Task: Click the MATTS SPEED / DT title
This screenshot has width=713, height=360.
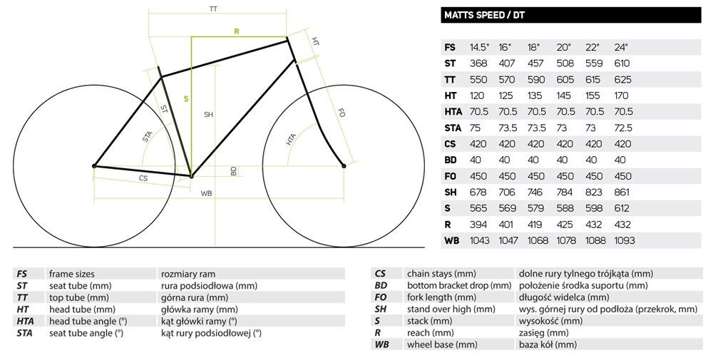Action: [484, 15]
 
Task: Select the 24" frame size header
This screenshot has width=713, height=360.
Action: [621, 47]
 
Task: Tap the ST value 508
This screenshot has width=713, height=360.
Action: [565, 63]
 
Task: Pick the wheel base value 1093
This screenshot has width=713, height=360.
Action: [624, 240]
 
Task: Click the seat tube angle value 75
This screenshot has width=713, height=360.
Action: [475, 128]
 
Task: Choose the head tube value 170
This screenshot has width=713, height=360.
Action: [621, 96]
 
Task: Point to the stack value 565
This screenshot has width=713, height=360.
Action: [478, 208]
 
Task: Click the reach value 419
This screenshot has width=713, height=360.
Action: [535, 225]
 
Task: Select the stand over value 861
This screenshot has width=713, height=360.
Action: [621, 192]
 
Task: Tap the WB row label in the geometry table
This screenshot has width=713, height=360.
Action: [451, 240]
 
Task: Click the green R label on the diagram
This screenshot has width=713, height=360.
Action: [237, 31]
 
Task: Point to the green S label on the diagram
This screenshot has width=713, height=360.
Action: [185, 99]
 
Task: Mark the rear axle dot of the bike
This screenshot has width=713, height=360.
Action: [95, 166]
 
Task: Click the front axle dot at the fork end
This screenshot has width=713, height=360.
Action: [344, 166]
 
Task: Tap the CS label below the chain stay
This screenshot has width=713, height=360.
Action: [143, 178]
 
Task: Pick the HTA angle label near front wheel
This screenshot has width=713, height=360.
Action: [291, 139]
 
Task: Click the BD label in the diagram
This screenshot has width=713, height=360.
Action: [234, 171]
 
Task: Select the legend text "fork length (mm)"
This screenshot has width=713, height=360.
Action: [441, 297]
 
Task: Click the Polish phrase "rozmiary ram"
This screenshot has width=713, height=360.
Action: [188, 274]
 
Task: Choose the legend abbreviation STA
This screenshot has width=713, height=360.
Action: [24, 333]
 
